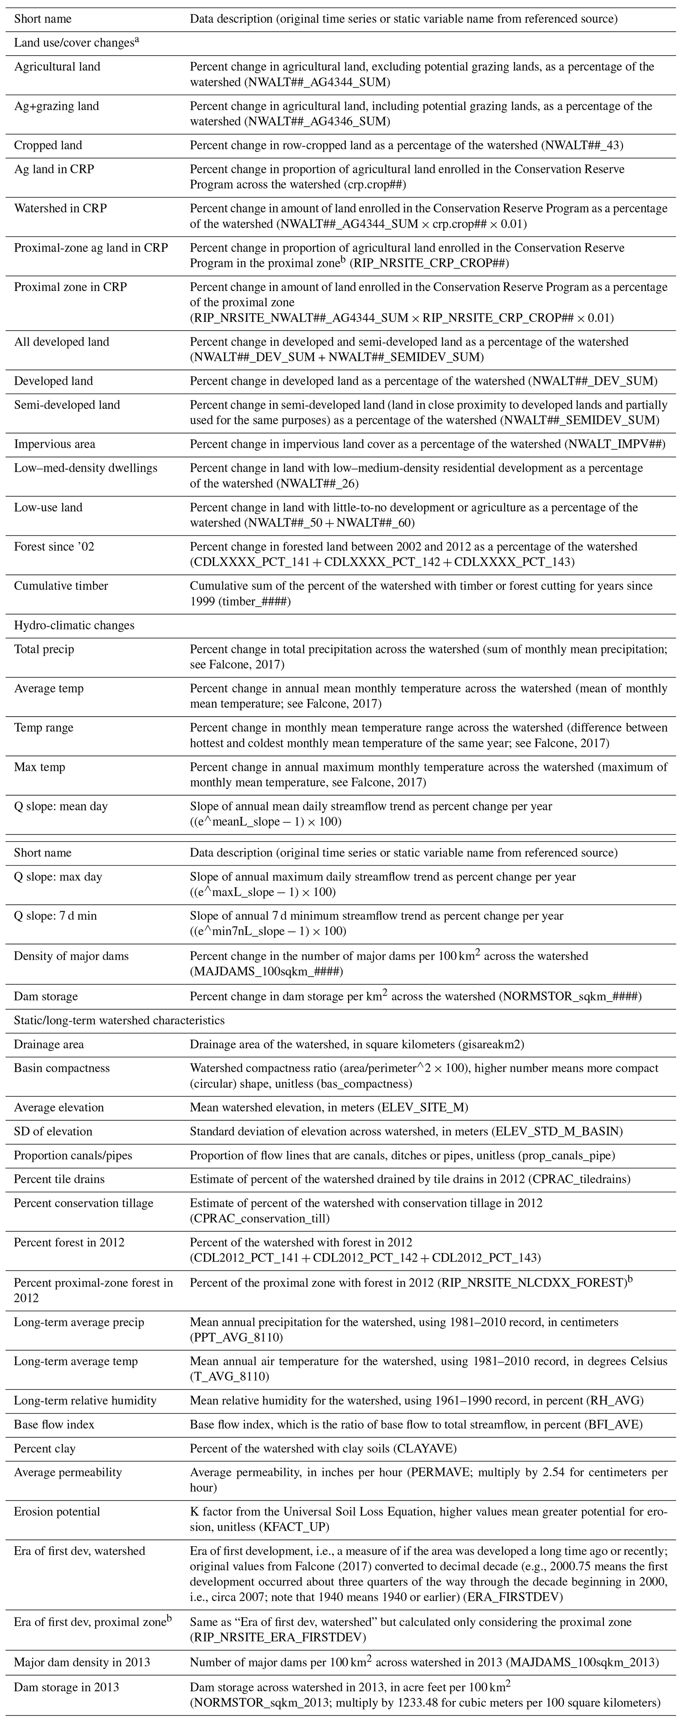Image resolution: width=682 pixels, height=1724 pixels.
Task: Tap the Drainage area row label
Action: [49, 1044]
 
